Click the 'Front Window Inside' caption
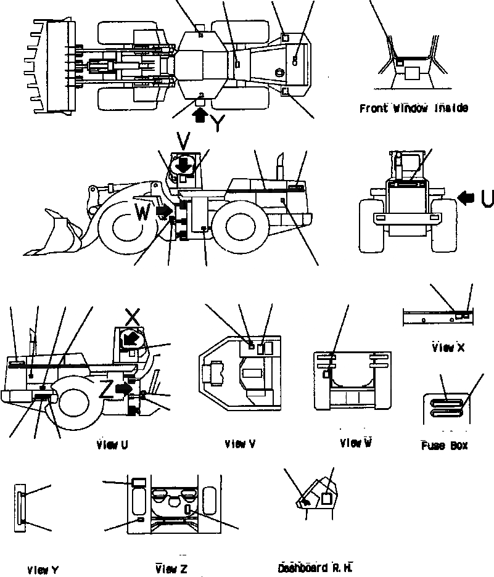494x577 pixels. [413, 108]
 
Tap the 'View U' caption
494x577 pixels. [112, 445]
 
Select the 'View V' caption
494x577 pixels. [240, 444]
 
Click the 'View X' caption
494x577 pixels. [448, 348]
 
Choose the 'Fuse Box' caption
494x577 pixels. [444, 445]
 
